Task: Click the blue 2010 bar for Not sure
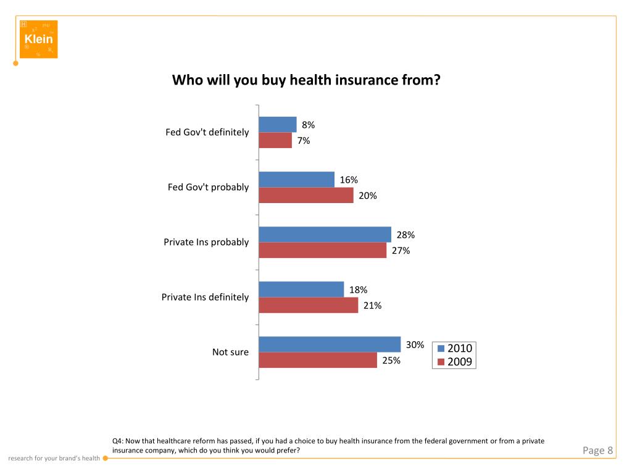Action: click(330, 344)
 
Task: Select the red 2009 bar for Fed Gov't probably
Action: click(306, 196)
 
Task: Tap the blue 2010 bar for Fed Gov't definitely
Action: click(277, 125)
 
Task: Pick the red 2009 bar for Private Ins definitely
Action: click(308, 305)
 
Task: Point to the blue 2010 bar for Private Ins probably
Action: click(325, 235)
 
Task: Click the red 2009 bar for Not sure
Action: click(317, 360)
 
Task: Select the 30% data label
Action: click(415, 344)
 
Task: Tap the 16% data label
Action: click(349, 180)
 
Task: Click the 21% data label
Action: click(372, 305)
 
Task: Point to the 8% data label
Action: click(308, 125)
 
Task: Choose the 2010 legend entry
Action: click(454, 349)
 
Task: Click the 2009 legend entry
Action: click(454, 362)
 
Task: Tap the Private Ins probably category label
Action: click(206, 242)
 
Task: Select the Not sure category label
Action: click(230, 352)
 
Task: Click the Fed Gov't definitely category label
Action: click(207, 132)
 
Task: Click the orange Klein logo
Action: click(38, 39)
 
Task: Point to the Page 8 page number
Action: click(597, 451)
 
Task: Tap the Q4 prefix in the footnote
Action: click(117, 441)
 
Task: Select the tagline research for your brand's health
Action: click(54, 459)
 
